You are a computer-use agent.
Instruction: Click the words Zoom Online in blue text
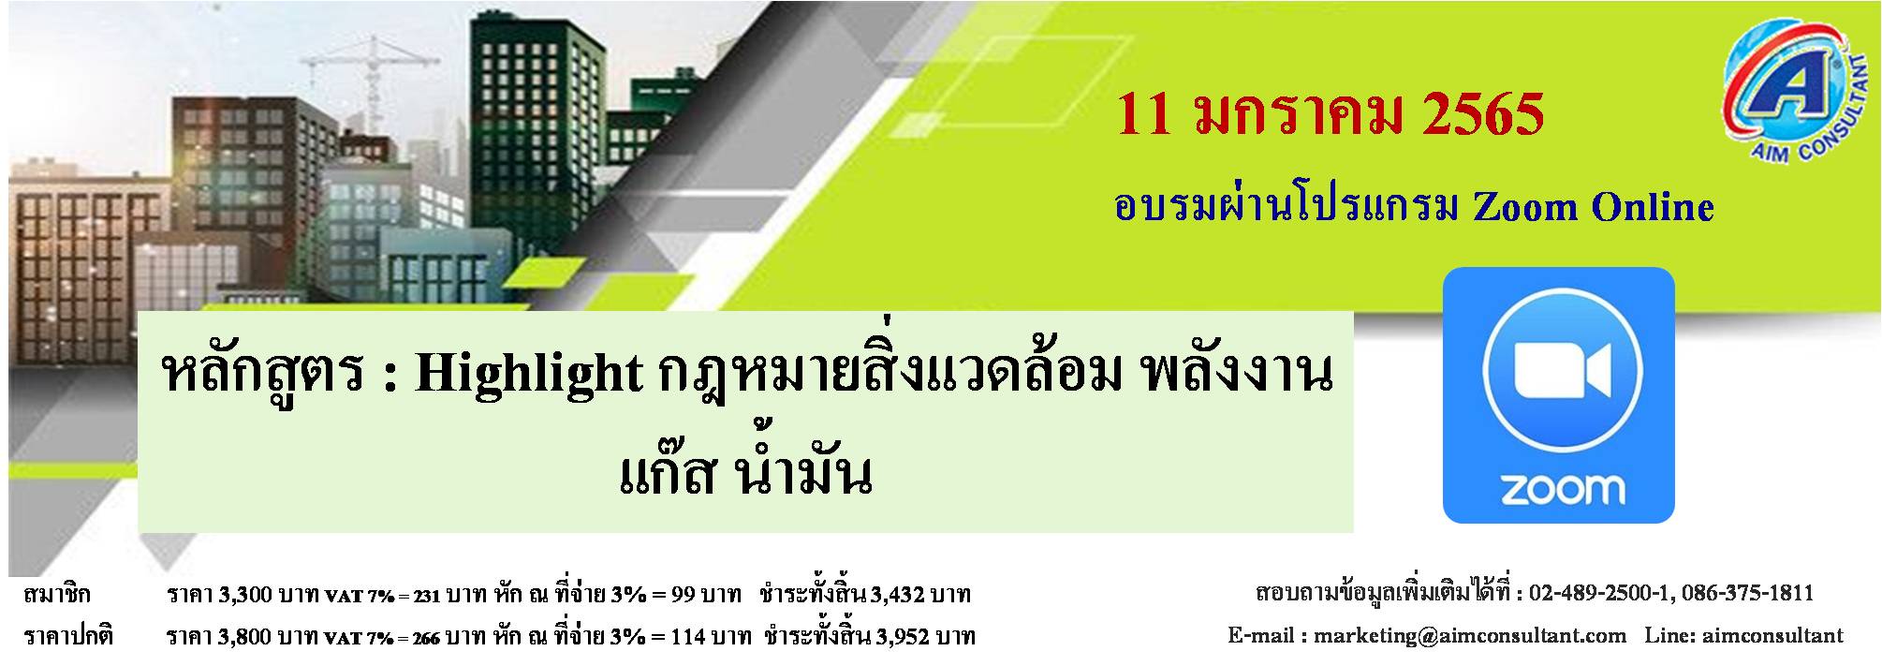(x=1594, y=206)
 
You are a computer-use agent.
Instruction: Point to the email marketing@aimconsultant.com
(x=1470, y=635)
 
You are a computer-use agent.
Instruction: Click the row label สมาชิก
(x=58, y=594)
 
